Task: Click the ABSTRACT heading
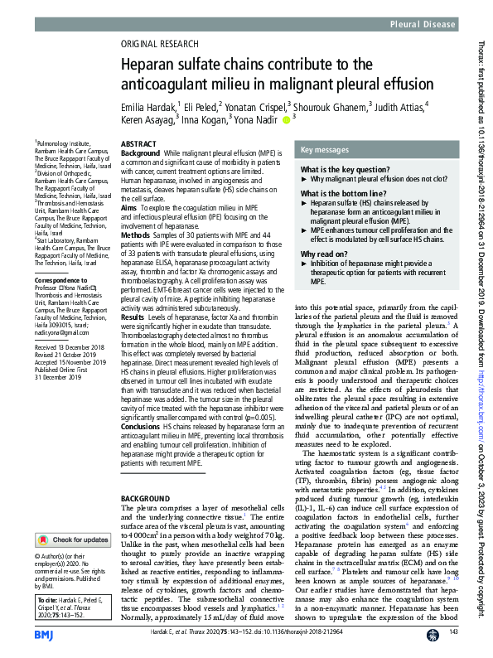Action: pos(138,144)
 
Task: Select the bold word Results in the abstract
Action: pos(134,317)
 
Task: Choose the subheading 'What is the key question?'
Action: pos(337,169)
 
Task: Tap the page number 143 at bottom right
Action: pos(453,633)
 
